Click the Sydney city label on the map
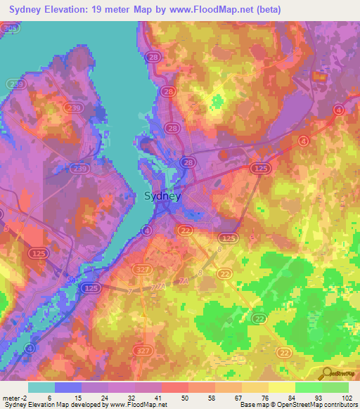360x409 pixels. tap(162, 197)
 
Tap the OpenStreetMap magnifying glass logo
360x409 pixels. tap(326, 373)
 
